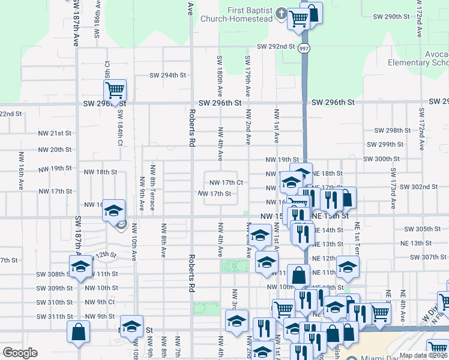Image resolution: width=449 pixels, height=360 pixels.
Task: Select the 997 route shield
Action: tap(304, 47)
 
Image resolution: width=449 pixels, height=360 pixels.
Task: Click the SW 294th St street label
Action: tap(168, 76)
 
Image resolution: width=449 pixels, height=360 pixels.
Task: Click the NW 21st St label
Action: tap(55, 133)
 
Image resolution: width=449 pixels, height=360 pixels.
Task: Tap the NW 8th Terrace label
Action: tap(153, 188)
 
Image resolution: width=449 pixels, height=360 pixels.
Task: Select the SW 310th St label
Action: tap(54, 302)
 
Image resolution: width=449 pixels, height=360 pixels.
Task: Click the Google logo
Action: tap(20, 353)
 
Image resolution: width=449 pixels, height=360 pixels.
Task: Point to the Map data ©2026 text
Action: tap(423, 355)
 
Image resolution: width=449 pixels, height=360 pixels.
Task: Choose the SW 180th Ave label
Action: tap(220, 72)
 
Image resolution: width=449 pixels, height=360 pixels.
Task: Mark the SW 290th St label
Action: tap(388, 16)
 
